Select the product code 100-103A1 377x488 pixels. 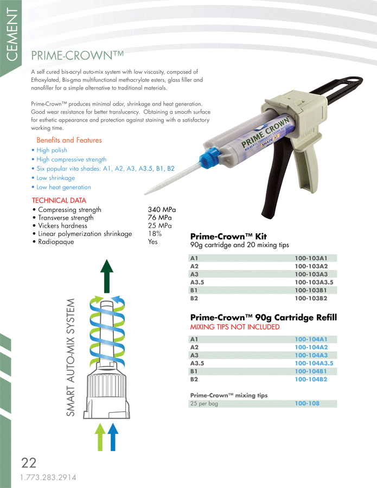[311, 259]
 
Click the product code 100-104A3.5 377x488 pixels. [314, 363]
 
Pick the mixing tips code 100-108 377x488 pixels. [307, 403]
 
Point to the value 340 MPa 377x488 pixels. [162, 210]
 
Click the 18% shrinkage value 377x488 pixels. [155, 234]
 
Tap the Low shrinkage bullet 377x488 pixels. [55, 178]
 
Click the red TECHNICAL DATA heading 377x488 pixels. [59, 201]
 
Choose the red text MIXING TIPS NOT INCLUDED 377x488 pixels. [235, 327]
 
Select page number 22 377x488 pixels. [28, 463]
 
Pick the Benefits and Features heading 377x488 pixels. [69, 140]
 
